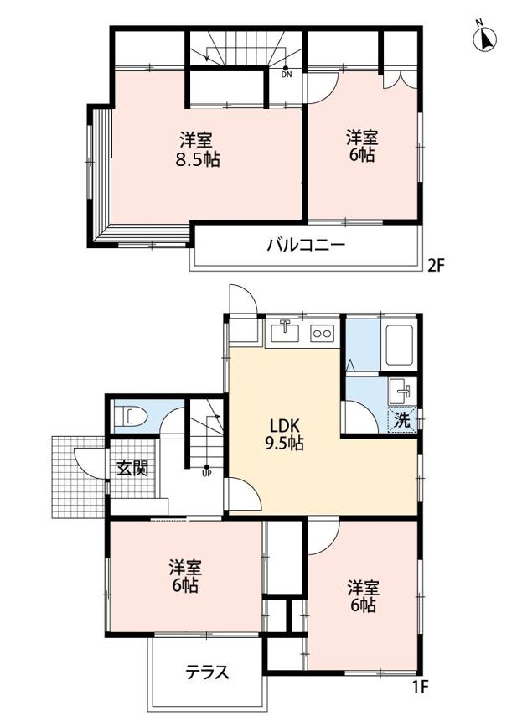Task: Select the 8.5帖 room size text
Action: [198, 158]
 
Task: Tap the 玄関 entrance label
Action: [132, 467]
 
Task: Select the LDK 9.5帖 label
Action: [284, 434]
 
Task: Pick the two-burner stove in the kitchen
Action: [322, 333]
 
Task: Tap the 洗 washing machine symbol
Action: [402, 420]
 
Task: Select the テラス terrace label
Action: [207, 672]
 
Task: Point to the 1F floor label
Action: [420, 687]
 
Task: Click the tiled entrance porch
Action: [77, 478]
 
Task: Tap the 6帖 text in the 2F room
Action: [363, 157]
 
